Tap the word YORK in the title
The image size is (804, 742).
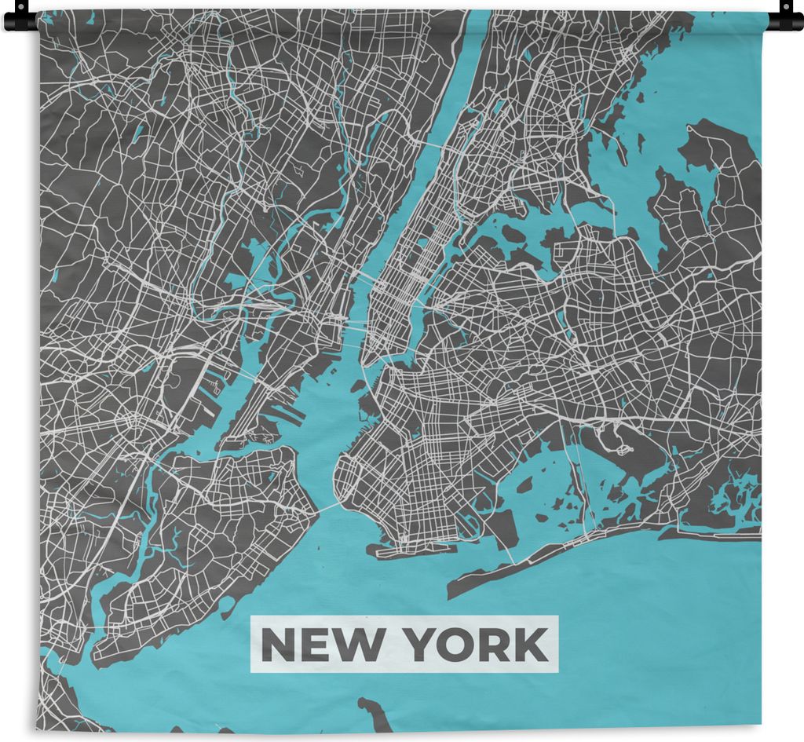[476, 645]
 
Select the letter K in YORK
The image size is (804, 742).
[532, 645]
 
